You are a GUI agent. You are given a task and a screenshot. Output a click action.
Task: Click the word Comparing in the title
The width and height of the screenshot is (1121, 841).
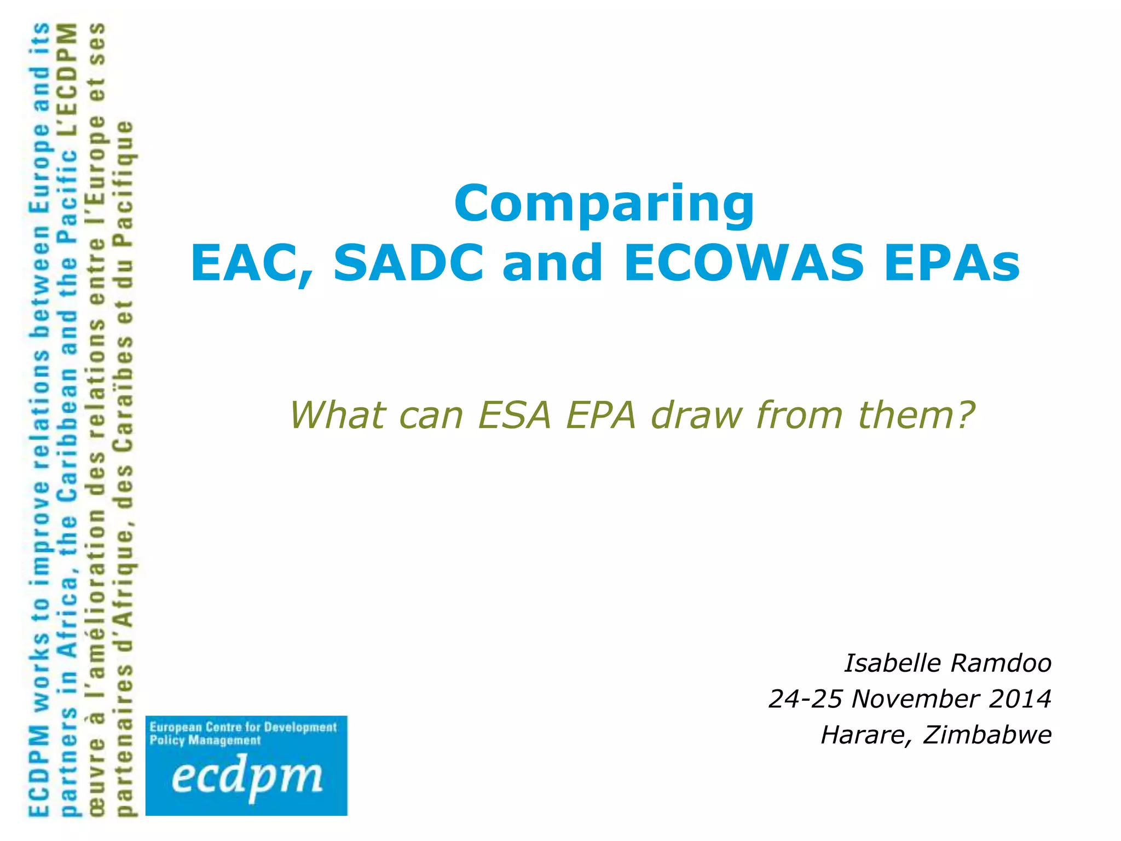click(604, 204)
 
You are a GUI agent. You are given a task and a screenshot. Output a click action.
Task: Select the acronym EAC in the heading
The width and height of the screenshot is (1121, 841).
click(252, 264)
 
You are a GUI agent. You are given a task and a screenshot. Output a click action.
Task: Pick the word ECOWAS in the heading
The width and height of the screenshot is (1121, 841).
click(743, 263)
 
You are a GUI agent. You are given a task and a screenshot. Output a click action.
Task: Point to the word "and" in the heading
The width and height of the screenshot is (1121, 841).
click(552, 263)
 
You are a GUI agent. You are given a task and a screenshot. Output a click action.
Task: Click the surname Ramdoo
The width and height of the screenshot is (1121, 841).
click(1001, 663)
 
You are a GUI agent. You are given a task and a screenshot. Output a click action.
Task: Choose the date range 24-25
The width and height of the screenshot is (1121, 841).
click(805, 699)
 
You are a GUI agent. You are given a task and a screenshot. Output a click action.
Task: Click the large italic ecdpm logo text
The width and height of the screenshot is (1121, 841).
click(246, 776)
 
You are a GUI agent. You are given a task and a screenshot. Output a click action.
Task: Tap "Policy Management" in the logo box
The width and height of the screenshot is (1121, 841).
click(205, 741)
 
